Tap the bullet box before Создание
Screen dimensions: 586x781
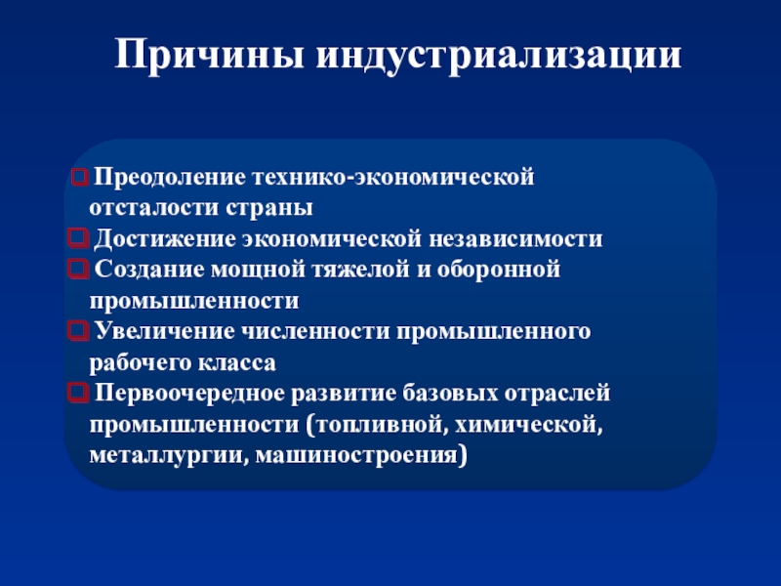tap(78, 271)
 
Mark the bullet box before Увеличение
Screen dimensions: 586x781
tap(78, 333)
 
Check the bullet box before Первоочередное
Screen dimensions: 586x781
tap(78, 395)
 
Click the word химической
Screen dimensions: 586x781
tap(536, 425)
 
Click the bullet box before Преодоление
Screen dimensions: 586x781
tap(78, 180)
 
